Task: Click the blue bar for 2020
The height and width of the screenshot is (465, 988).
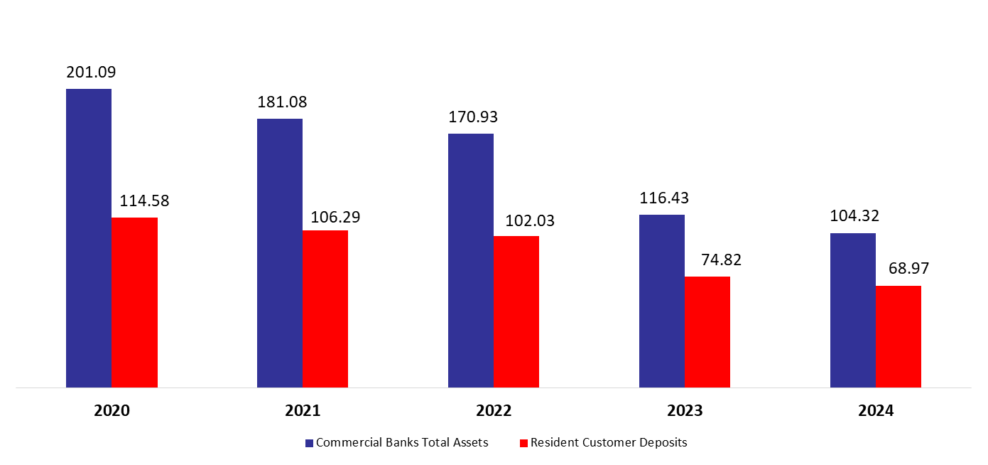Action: point(89,238)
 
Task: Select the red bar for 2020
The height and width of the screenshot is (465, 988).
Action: point(134,302)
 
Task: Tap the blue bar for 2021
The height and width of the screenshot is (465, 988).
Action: point(280,253)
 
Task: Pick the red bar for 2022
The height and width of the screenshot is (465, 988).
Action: point(516,311)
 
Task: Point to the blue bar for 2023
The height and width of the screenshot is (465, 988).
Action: point(662,301)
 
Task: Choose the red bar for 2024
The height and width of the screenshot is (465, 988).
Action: point(899,336)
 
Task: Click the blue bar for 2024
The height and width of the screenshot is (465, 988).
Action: point(853,310)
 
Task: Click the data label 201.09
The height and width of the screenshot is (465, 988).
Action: point(91,72)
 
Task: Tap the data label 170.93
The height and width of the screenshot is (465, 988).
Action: point(473,117)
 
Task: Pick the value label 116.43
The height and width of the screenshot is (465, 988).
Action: point(664,198)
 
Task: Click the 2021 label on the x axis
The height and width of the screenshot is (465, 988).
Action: point(303,411)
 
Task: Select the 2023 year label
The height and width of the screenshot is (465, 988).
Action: point(685,411)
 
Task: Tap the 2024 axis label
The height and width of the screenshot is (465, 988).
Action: point(876,411)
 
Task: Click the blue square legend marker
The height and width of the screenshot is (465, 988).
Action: point(310,443)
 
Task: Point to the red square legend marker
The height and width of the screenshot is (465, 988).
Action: point(524,443)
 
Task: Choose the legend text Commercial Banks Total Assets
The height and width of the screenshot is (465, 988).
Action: point(402,442)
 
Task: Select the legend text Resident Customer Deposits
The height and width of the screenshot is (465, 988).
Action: point(609,442)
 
